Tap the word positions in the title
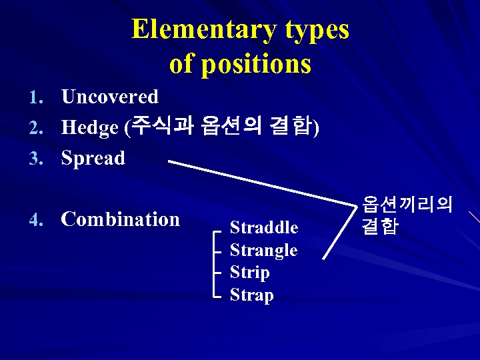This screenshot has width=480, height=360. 256,65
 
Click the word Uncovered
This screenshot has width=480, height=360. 109,97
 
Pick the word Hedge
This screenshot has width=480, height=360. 89,128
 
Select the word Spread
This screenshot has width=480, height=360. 93,158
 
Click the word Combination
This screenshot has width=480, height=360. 120,219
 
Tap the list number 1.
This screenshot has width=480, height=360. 35,98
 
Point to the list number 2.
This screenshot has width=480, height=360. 35,129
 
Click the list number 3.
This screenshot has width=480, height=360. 35,159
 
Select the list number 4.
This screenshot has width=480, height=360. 35,221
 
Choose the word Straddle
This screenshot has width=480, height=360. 263,228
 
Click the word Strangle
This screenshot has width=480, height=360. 263,251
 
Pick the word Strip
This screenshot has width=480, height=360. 249,273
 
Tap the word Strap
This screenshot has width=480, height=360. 251,295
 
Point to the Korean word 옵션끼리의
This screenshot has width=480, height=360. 407,204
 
